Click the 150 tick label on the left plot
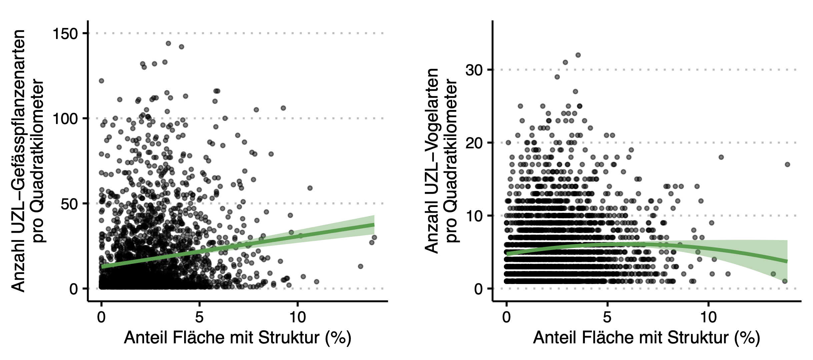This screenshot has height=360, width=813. [x=65, y=34]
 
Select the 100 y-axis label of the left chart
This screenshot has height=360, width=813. [x=65, y=119]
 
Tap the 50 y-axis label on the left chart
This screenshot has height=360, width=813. [x=69, y=204]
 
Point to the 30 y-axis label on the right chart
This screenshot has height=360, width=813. [x=474, y=70]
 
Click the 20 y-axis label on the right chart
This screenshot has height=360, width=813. [x=474, y=143]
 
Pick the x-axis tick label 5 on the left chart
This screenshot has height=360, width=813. [x=199, y=317]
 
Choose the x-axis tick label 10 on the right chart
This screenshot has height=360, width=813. [x=708, y=317]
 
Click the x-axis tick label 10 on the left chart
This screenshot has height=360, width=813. [x=297, y=317]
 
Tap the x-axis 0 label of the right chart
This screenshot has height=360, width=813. [x=506, y=317]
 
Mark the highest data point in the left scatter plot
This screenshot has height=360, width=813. [x=168, y=43]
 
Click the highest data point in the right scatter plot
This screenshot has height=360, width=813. [x=578, y=55]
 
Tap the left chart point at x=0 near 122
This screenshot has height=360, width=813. [x=101, y=81]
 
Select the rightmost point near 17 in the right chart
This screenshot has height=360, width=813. [x=787, y=164]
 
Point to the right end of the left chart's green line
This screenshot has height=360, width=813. [x=374, y=225]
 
